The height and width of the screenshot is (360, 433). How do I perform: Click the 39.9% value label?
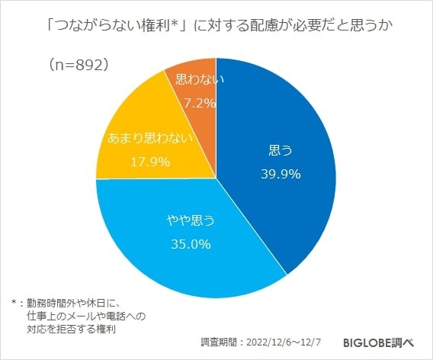(x=276, y=173)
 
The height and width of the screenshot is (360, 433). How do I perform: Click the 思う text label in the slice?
(x=276, y=149)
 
